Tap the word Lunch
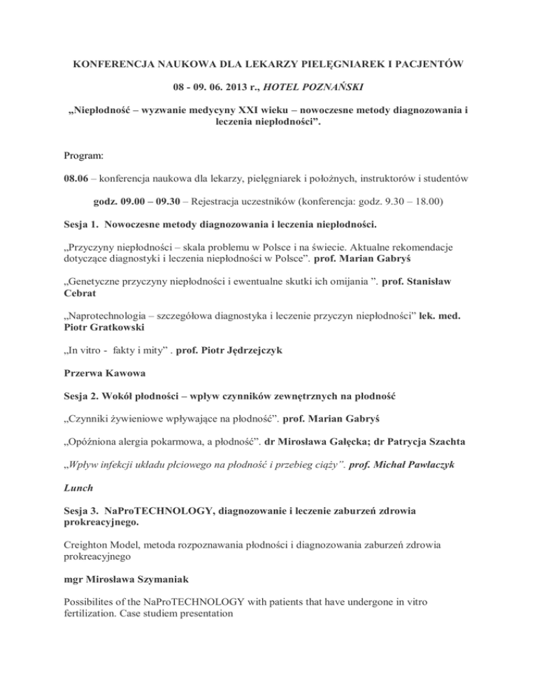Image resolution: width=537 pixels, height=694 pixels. (76, 539)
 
